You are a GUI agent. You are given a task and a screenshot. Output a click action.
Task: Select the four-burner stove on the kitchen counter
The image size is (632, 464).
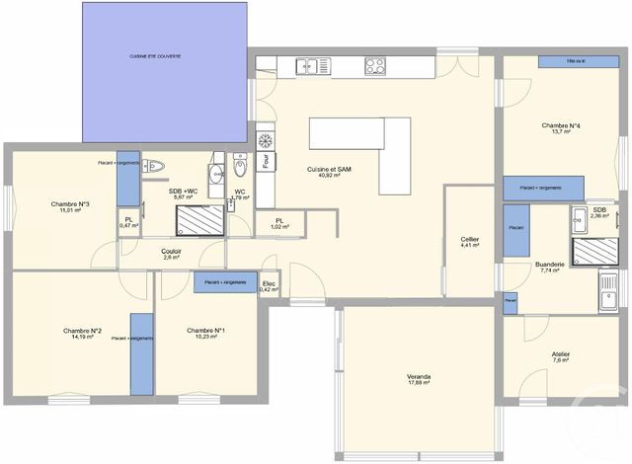tap(375, 66)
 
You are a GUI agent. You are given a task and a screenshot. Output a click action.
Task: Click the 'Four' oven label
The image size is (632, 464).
tap(267, 160)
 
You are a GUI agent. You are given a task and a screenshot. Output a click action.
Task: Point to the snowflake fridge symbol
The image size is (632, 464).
tap(265, 139)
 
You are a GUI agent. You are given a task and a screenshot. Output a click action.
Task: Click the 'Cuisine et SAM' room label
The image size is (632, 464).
tap(330, 169)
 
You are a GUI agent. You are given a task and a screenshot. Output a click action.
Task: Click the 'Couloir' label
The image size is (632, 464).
tap(171, 251)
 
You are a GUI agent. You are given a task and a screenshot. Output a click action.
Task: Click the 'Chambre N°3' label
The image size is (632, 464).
tap(70, 204)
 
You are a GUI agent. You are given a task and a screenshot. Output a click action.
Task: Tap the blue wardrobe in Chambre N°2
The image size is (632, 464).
tap(142, 353)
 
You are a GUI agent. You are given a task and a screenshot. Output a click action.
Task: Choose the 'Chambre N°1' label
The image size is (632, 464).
tap(205, 331)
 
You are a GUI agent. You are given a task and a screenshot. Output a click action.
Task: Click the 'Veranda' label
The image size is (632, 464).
tap(419, 376)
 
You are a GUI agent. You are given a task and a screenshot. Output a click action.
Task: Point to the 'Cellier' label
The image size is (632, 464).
tap(470, 240)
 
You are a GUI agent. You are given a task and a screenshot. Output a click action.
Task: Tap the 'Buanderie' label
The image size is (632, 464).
tap(550, 264)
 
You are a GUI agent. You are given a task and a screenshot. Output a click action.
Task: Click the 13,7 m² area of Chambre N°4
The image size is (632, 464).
tap(561, 132)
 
